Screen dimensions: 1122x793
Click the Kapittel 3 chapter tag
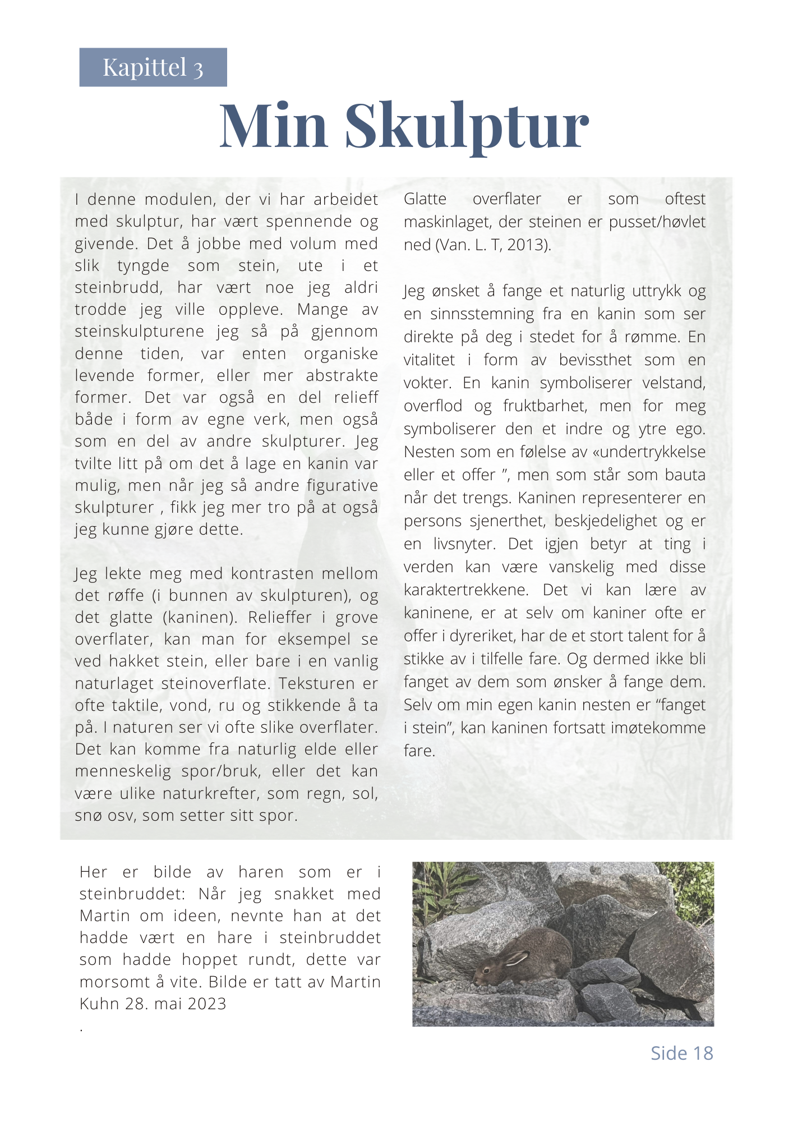click(x=153, y=67)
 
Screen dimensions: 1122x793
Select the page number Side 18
click(x=681, y=1053)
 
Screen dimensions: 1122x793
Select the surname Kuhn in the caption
click(x=100, y=1004)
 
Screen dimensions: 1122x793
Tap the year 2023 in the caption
click(x=206, y=1004)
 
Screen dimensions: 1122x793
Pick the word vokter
click(x=426, y=383)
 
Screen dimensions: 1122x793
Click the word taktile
click(x=135, y=706)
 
